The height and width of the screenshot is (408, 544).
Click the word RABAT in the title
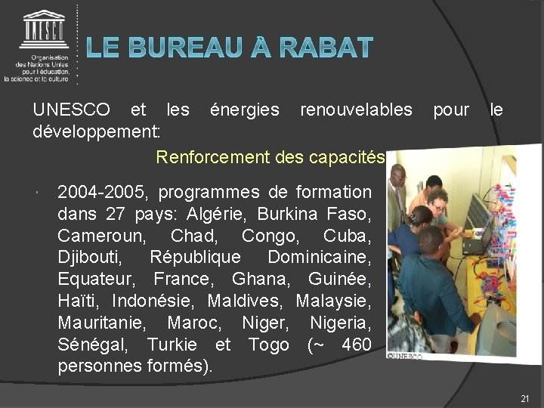[326, 48]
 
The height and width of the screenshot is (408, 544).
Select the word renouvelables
[356, 110]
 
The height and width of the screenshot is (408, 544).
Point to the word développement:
[97, 131]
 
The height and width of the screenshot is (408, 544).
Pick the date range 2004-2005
[103, 192]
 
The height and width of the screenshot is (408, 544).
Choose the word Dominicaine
[320, 257]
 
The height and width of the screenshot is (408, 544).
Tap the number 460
[356, 345]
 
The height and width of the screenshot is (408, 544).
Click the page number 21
[525, 398]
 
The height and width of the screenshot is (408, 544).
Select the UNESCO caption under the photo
[406, 354]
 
